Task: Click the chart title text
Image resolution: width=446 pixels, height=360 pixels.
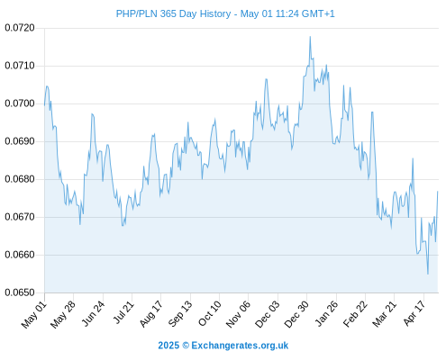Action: click(x=225, y=13)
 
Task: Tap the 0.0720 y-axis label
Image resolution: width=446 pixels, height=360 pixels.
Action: click(x=20, y=28)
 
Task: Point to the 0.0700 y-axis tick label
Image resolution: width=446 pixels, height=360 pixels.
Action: click(x=20, y=103)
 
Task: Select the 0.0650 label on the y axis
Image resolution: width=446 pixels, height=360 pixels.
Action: click(x=20, y=292)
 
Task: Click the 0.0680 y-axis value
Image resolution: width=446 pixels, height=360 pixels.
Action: click(x=20, y=179)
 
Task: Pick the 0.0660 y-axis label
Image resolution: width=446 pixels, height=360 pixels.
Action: click(x=20, y=255)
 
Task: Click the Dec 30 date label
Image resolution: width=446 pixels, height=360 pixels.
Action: click(x=296, y=314)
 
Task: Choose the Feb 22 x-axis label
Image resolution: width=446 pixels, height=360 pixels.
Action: click(x=355, y=314)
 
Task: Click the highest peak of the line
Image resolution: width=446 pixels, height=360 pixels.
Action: click(x=310, y=37)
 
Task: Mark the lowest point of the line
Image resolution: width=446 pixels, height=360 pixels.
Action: click(x=428, y=274)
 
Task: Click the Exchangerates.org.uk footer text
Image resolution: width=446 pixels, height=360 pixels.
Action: click(x=240, y=346)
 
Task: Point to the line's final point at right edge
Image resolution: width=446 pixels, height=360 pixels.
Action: click(x=438, y=192)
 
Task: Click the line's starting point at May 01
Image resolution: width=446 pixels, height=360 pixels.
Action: click(x=45, y=105)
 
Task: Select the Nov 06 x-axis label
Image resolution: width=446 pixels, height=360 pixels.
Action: click(x=238, y=314)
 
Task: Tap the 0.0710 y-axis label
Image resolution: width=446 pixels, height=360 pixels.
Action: click(x=20, y=66)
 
